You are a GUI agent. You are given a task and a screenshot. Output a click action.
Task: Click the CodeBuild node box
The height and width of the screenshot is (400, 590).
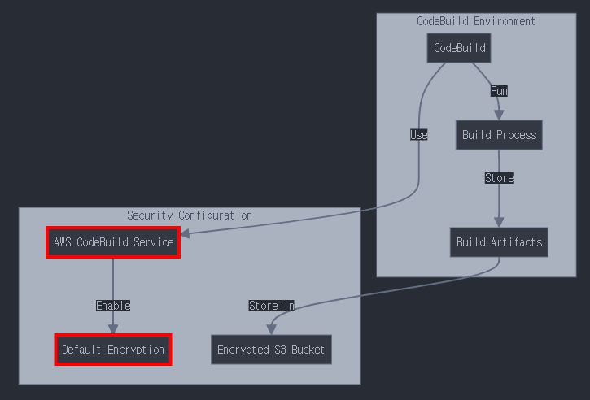click(459, 48)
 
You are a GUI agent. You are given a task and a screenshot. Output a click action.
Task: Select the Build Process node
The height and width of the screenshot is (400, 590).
click(499, 135)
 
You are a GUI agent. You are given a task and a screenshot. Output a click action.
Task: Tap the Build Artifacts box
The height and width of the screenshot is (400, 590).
click(499, 242)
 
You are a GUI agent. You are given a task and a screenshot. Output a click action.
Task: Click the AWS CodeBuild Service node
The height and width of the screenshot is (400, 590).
click(113, 242)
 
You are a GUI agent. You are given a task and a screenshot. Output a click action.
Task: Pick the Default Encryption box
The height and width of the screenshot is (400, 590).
click(113, 350)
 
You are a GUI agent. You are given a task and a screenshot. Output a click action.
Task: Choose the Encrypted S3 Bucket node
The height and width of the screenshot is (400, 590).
click(271, 350)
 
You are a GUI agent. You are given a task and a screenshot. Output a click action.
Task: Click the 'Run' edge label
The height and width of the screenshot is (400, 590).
click(499, 91)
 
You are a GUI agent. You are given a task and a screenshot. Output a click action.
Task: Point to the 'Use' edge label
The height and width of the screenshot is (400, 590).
click(419, 135)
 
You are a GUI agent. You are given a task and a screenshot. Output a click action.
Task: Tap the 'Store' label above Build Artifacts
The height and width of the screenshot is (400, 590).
click(499, 178)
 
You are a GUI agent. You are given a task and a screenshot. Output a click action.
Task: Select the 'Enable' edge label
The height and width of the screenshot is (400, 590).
click(113, 306)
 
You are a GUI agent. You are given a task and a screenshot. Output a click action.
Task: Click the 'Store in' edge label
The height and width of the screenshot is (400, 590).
click(271, 306)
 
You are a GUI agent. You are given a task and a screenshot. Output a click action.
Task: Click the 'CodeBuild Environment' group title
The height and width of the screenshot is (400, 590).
click(476, 21)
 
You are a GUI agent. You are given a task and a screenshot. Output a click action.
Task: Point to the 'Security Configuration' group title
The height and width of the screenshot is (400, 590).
click(189, 215)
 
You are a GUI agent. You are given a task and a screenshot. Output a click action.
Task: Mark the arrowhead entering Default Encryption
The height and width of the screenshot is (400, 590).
click(113, 329)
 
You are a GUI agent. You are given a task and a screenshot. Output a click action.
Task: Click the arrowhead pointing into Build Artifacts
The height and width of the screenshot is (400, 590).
click(499, 222)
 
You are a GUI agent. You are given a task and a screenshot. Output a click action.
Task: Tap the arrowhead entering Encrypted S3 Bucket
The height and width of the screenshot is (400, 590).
click(271, 329)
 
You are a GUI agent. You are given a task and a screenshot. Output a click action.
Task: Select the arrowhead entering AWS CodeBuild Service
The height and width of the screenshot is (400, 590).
click(185, 234)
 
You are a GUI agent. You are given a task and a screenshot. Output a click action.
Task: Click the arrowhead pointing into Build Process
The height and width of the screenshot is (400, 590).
click(499, 115)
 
